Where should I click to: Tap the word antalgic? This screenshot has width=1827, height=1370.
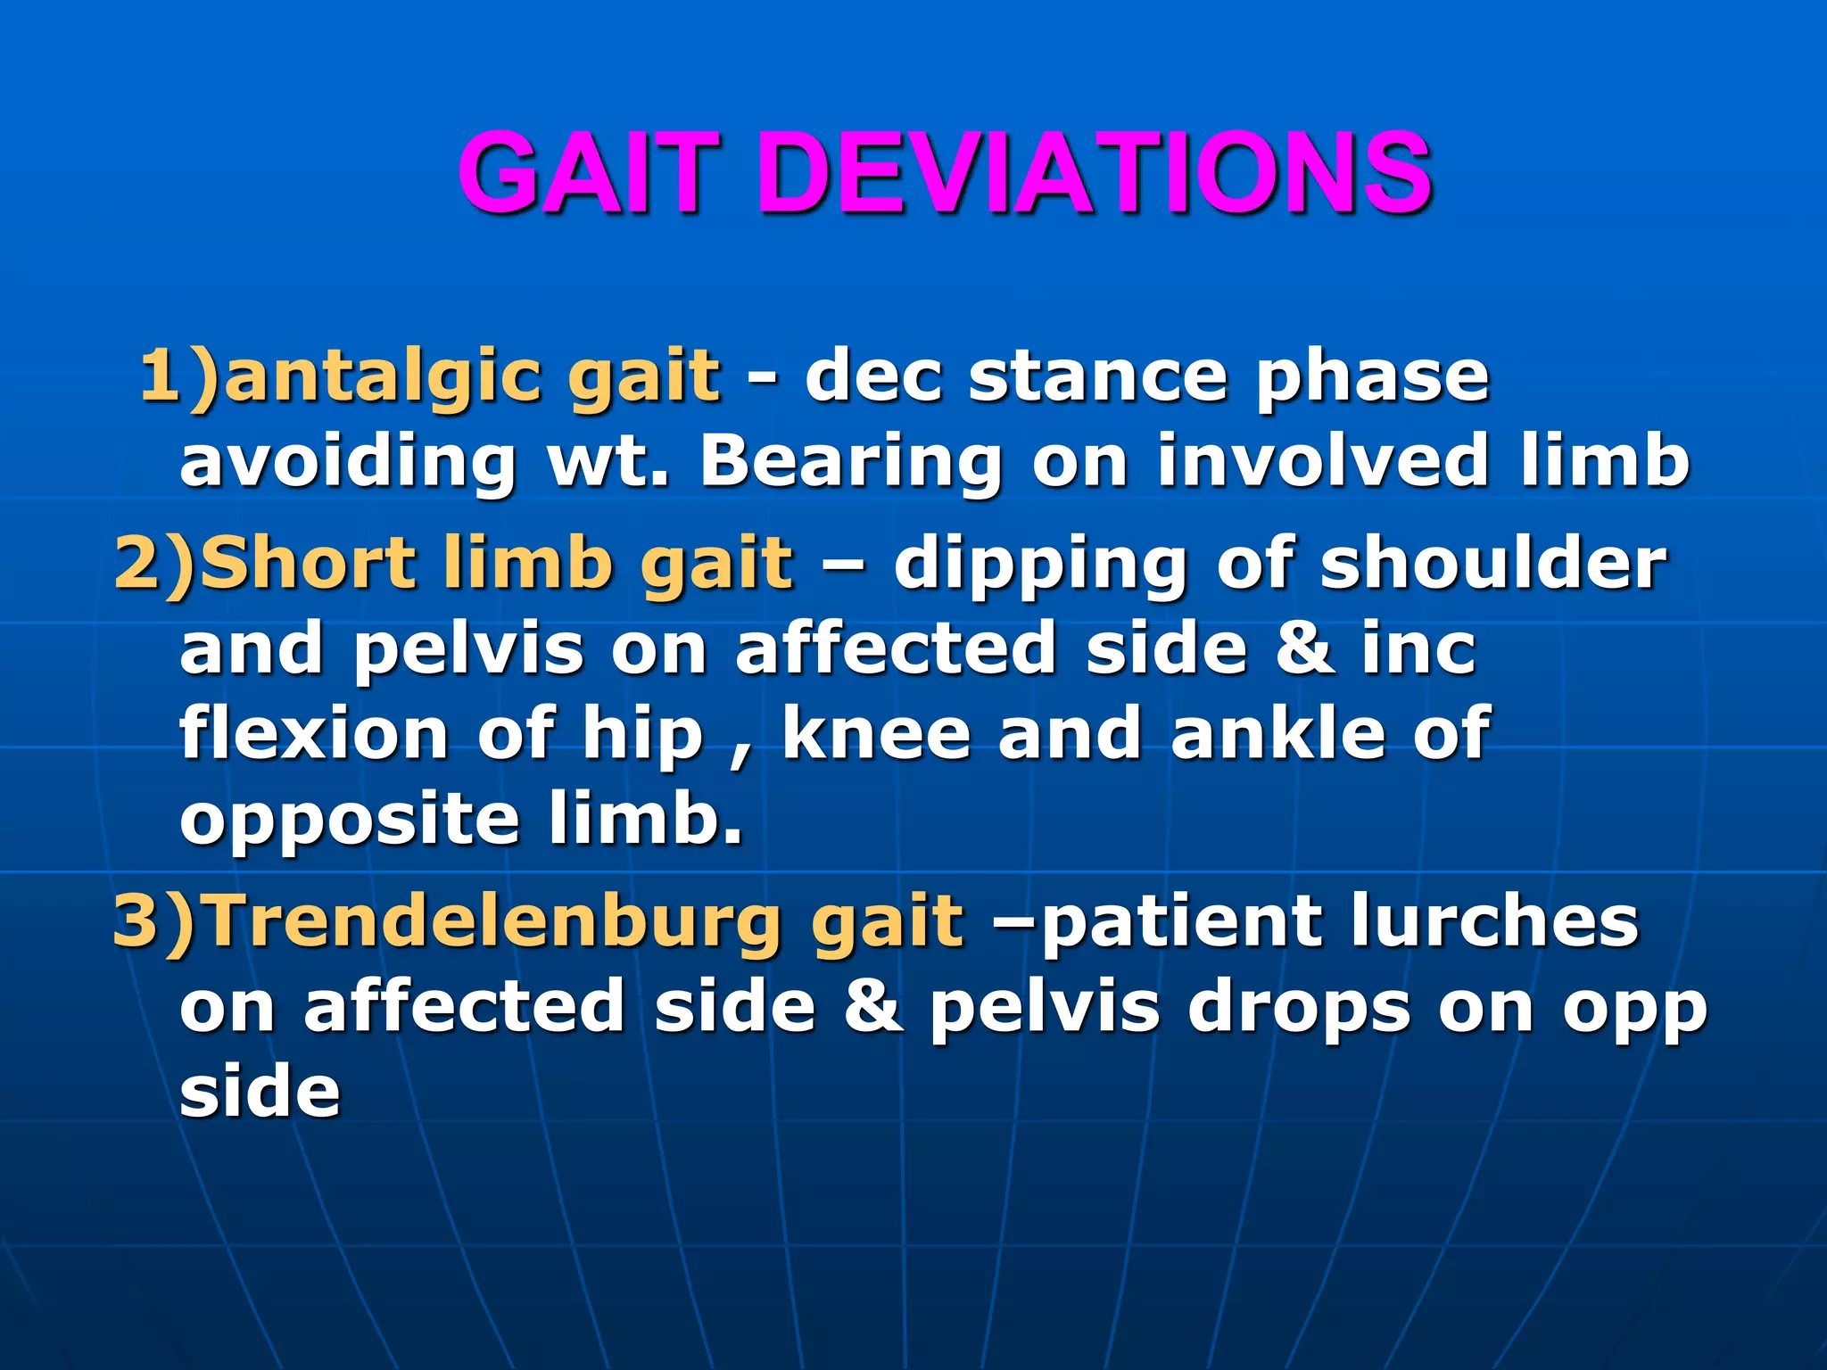384,377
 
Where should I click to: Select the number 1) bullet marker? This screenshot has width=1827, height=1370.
178,377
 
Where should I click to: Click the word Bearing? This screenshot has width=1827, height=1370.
852,462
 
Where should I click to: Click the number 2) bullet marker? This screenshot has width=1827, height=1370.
153,565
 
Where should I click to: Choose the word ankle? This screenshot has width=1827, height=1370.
1276,734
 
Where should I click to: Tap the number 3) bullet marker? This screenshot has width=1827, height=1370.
153,921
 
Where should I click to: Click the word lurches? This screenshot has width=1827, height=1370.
1494,921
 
